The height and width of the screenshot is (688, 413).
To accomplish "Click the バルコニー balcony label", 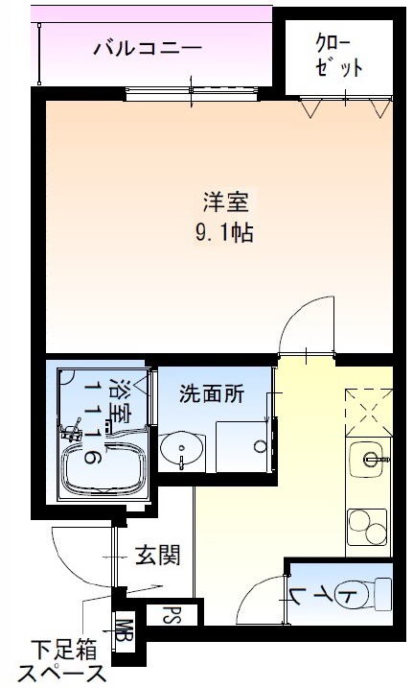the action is [x=148, y=47].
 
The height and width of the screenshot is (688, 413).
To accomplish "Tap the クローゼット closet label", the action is [x=338, y=57].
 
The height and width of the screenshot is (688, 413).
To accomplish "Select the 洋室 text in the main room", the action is [x=225, y=202].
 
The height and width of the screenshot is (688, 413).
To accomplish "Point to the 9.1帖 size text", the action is [x=224, y=232].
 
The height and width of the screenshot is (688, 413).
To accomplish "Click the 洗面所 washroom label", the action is [x=212, y=393].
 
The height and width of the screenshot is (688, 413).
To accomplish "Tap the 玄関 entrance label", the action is [x=157, y=555].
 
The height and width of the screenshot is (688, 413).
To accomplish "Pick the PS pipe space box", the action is [x=172, y=614].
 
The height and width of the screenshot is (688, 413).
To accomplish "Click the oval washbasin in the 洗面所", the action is [x=182, y=448].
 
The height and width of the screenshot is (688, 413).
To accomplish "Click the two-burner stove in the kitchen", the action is [x=367, y=527].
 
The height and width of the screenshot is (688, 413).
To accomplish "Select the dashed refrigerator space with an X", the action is [x=369, y=413].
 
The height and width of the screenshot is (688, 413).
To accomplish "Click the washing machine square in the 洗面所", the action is [x=241, y=447].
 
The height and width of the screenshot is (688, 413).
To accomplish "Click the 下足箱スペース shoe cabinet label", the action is [x=63, y=662].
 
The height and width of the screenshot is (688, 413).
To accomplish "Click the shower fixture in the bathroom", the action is [x=71, y=431].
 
